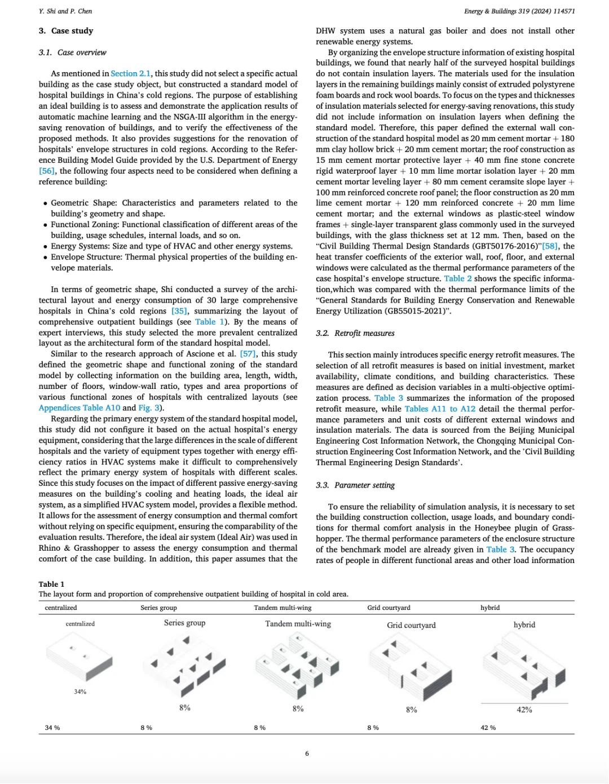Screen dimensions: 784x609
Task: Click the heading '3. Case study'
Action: pyautogui.click(x=66, y=31)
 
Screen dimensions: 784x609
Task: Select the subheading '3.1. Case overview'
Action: pyautogui.click(x=72, y=52)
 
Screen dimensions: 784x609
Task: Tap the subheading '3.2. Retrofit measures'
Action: pyautogui.click(x=355, y=333)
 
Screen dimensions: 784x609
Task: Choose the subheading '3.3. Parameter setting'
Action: pyautogui.click(x=355, y=485)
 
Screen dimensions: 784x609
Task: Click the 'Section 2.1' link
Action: pyautogui.click(x=130, y=73)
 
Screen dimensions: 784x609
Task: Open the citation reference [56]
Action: pyautogui.click(x=47, y=171)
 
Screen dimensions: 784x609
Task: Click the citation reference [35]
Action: pyautogui.click(x=179, y=311)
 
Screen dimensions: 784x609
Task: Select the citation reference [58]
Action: pyautogui.click(x=550, y=246)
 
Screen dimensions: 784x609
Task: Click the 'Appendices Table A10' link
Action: pyautogui.click(x=80, y=408)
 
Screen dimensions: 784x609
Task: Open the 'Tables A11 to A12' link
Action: pyautogui.click(x=440, y=409)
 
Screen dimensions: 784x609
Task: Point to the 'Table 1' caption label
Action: pyautogui.click(x=51, y=584)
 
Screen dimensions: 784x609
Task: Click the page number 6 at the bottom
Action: pyautogui.click(x=307, y=754)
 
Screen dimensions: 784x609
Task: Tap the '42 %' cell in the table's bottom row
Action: pyautogui.click(x=488, y=728)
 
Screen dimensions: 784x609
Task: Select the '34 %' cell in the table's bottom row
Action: pyautogui.click(x=52, y=728)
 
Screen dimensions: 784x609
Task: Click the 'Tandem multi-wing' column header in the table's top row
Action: pyautogui.click(x=283, y=608)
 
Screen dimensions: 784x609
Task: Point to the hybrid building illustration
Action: pyautogui.click(x=524, y=665)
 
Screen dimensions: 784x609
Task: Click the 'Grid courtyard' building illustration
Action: pyautogui.click(x=411, y=665)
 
